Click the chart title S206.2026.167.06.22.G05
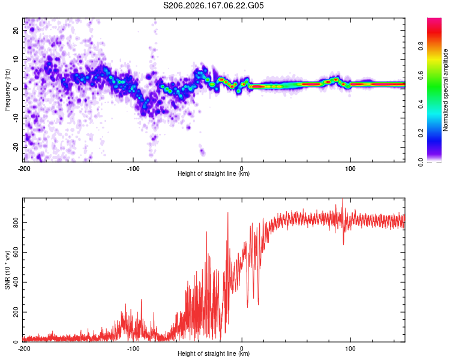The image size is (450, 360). click(213, 5)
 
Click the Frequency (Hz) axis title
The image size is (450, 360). click(7, 90)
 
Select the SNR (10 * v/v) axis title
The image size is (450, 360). click(7, 270)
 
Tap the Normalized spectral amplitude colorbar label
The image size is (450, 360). click(445, 90)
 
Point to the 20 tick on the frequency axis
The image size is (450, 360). click(16, 30)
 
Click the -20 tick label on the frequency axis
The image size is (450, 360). click(16, 147)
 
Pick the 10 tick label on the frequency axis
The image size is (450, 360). click(16, 59)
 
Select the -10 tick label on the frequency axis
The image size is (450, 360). click(16, 118)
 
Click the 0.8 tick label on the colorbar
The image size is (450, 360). click(421, 46)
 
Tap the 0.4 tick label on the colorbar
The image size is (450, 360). click(421, 104)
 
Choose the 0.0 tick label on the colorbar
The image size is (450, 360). click(421, 162)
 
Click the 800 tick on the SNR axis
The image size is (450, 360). click(16, 223)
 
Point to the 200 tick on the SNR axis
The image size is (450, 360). click(16, 312)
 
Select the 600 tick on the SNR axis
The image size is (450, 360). click(16, 253)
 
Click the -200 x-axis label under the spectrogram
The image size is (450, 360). click(24, 169)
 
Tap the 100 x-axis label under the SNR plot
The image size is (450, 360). click(350, 349)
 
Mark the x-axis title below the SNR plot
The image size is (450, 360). click(214, 353)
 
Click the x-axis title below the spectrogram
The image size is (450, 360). click(214, 173)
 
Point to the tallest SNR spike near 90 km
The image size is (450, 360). click(343, 199)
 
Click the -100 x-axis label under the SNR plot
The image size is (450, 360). click(133, 349)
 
